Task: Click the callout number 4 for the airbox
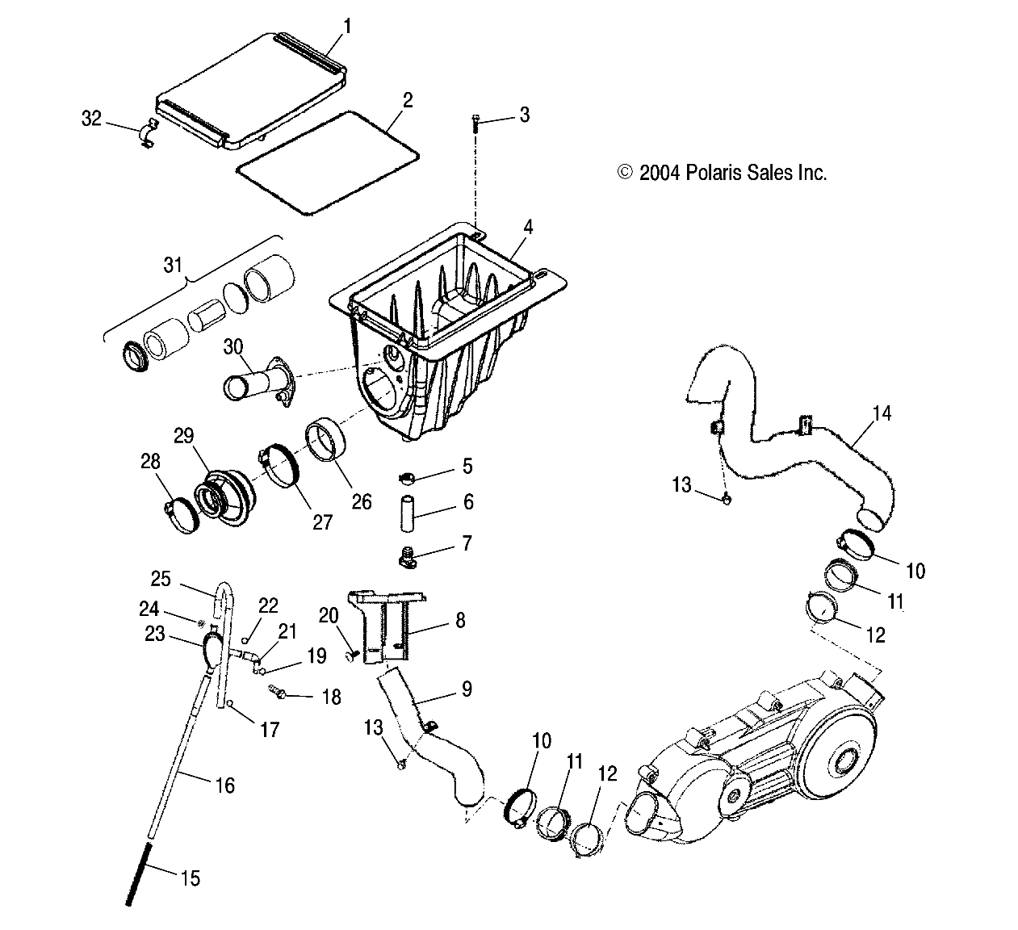coord(527,227)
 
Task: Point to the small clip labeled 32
coord(146,134)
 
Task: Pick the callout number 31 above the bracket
coord(174,264)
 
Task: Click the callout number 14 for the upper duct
coord(882,414)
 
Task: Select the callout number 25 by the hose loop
coord(161,578)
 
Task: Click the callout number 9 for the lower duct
coord(465,689)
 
